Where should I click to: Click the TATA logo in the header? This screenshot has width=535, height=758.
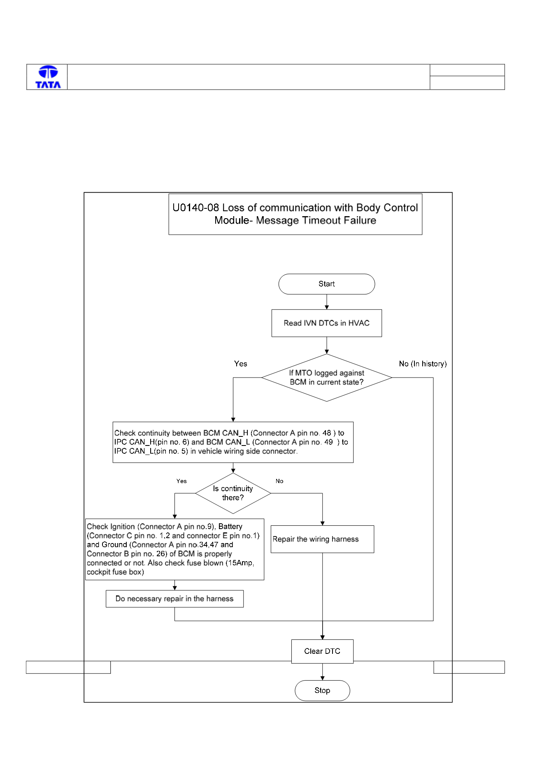[x=48, y=77]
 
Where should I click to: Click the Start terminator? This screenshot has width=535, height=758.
[x=327, y=284]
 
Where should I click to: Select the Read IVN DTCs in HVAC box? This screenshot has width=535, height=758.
[x=327, y=323]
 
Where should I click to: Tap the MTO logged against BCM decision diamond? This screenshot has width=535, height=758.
[x=327, y=378]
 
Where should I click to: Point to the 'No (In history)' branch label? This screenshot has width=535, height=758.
[x=423, y=364]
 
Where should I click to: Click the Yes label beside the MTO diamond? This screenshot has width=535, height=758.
[x=241, y=364]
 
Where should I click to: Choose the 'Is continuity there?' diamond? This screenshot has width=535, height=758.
[x=233, y=493]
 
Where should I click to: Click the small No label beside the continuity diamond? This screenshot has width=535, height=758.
[x=279, y=481]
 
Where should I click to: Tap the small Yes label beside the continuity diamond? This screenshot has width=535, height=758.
[x=181, y=481]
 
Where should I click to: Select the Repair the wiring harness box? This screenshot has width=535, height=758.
[x=322, y=539]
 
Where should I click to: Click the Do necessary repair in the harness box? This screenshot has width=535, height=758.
[x=174, y=599]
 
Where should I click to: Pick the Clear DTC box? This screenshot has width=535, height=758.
[x=322, y=651]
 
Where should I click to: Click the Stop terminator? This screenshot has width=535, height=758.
[x=322, y=690]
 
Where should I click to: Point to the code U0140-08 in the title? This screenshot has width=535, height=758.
[x=195, y=208]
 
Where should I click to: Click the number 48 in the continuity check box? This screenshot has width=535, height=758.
[x=327, y=433]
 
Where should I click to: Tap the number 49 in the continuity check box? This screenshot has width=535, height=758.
[x=328, y=442]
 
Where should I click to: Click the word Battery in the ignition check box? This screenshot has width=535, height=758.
[x=230, y=527]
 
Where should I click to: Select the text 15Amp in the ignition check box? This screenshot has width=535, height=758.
[x=241, y=563]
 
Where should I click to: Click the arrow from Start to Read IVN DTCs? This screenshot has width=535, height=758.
[x=327, y=302]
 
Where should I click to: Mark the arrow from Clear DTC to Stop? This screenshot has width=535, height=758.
[x=322, y=672]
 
